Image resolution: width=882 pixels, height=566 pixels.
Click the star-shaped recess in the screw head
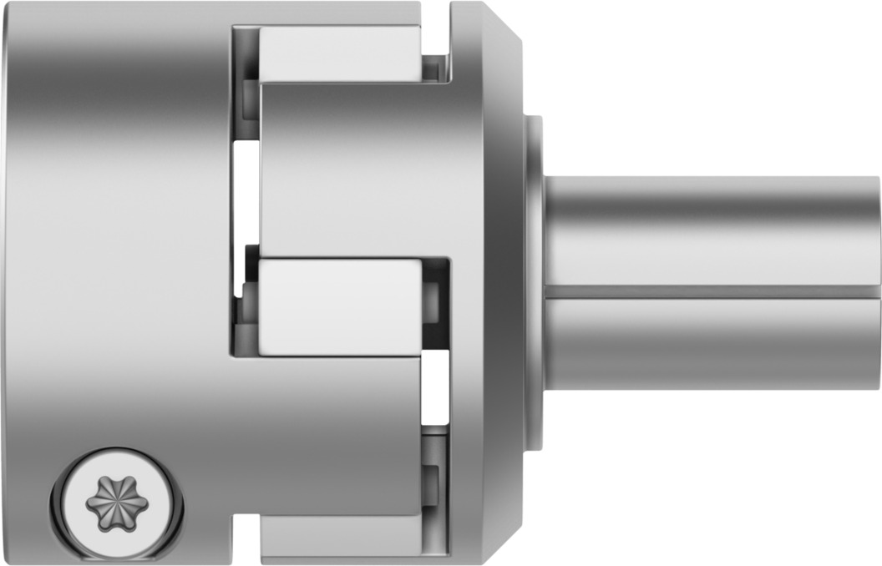point(117,503)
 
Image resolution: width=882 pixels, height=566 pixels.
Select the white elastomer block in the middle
point(338,306)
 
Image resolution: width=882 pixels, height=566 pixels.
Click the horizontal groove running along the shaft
point(710,291)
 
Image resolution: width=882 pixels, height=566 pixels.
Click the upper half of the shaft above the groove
point(710,230)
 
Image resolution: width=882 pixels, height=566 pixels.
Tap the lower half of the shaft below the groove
point(710,342)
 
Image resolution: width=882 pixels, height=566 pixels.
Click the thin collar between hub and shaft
point(533,284)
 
